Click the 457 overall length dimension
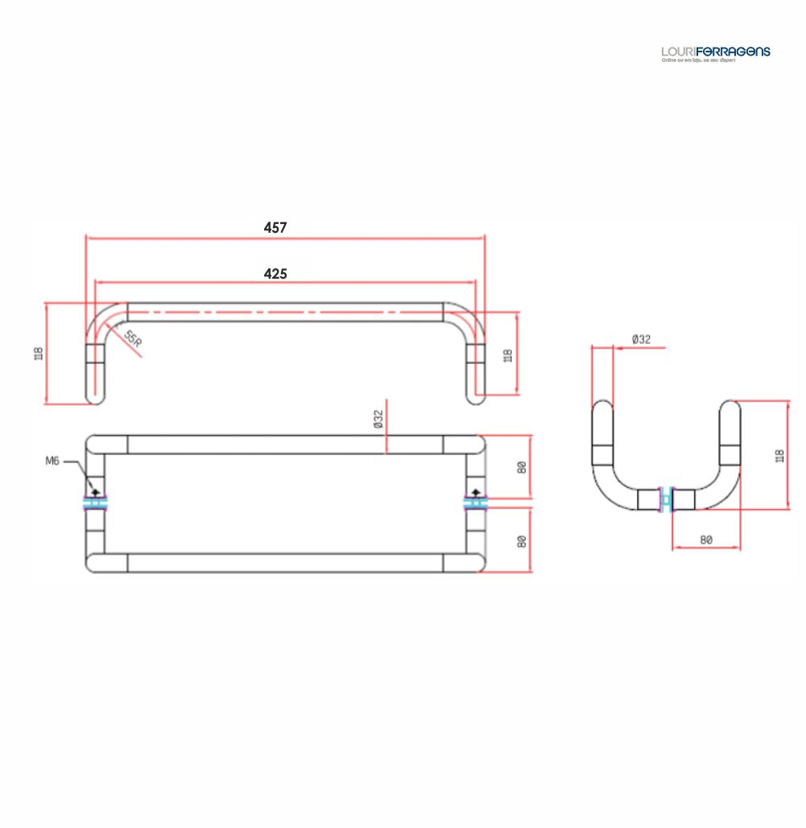tap(275, 228)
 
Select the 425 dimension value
tap(275, 274)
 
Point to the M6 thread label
tap(52, 461)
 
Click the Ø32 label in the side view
tap(641, 340)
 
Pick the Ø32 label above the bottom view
tap(378, 420)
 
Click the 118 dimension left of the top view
tap(38, 353)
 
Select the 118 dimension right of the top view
tap(508, 354)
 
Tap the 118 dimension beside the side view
tap(779, 455)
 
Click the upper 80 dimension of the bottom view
tap(522, 466)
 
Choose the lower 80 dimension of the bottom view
tap(522, 541)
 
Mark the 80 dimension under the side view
tap(706, 540)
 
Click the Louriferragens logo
tap(715, 53)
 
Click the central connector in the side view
tap(666, 499)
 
